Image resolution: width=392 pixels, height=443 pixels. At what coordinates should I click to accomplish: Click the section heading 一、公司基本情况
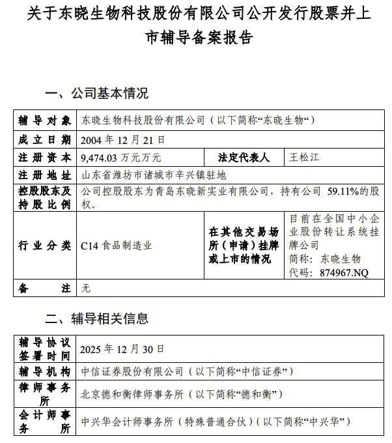96,93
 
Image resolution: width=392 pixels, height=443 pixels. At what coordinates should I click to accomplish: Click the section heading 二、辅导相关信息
96,319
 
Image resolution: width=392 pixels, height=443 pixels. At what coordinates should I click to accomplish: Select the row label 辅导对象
44,121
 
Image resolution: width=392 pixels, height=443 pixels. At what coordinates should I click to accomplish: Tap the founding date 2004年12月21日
123,139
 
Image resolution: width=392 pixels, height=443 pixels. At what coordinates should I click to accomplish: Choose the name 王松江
305,158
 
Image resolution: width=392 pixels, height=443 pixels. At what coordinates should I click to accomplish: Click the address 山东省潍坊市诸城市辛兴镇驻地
153,175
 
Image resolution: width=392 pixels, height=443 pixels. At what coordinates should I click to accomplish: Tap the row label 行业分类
44,246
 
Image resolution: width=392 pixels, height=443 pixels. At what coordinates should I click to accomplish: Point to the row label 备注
44,287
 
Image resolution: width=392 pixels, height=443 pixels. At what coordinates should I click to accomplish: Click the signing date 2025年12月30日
123,349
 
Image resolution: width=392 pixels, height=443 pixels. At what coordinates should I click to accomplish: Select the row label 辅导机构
44,371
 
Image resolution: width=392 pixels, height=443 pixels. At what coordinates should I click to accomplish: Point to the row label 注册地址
44,175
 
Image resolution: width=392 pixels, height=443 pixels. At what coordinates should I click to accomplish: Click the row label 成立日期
44,139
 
